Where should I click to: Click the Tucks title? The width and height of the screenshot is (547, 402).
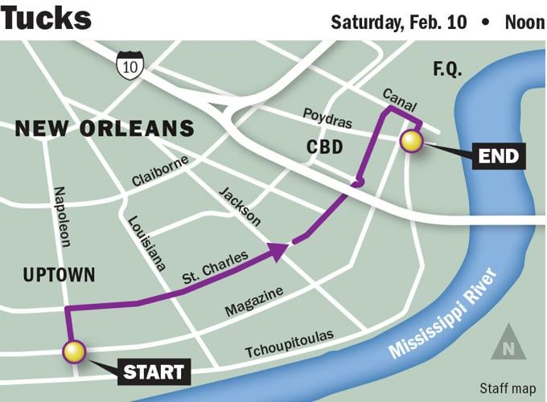(x=46, y=17)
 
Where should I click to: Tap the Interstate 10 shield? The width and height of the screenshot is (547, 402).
(x=128, y=66)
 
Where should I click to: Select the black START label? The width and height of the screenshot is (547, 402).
(x=154, y=372)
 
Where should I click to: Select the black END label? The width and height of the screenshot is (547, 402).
(x=497, y=155)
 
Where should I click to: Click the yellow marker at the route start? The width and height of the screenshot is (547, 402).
(x=74, y=351)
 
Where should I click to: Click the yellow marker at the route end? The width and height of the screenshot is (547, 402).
(x=412, y=142)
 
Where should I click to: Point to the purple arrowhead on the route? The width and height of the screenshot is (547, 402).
(x=277, y=251)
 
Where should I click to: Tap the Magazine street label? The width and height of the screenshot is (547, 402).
(x=253, y=303)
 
